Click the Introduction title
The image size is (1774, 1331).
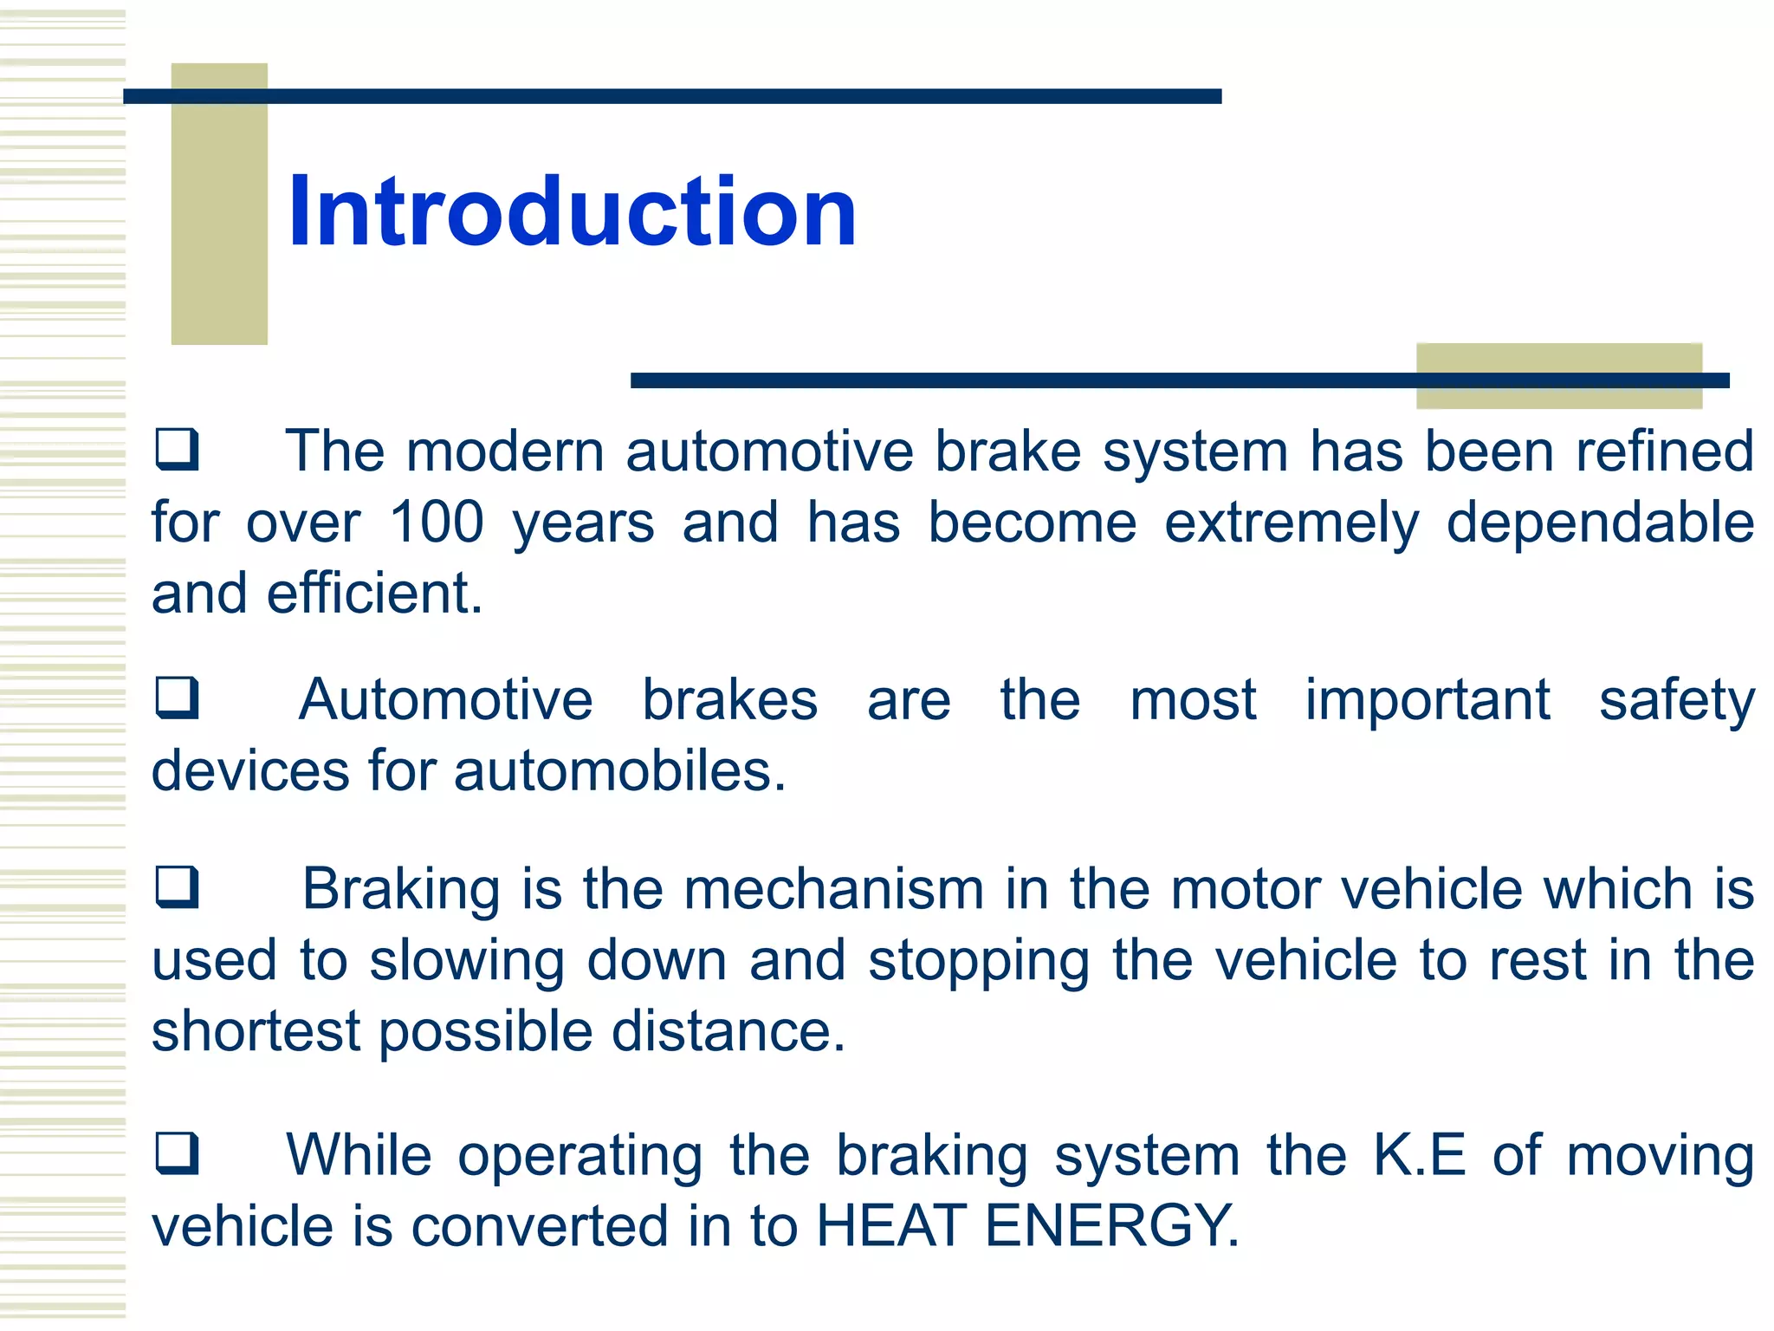click(572, 212)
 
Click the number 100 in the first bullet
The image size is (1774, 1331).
click(436, 523)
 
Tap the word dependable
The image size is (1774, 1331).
click(1600, 524)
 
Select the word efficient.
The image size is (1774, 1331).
click(374, 594)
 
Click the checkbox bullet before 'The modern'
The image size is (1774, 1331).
click(177, 449)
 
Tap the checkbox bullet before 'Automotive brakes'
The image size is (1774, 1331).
click(177, 698)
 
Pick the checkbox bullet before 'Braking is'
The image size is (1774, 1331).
click(177, 886)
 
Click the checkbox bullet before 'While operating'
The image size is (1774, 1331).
click(177, 1152)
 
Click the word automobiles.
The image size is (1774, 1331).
click(619, 771)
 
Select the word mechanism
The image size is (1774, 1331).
click(833, 890)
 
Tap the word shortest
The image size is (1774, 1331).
click(256, 1031)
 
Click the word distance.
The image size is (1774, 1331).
click(728, 1031)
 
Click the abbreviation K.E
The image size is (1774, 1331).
click(1419, 1155)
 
